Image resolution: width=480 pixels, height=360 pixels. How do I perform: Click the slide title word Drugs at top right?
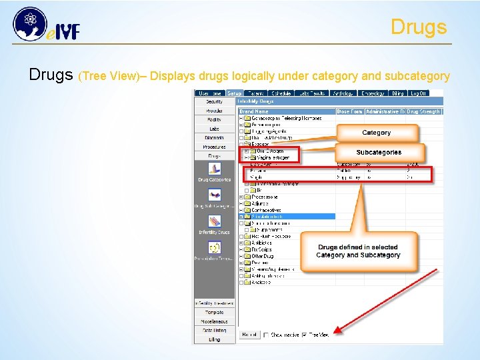[418, 27]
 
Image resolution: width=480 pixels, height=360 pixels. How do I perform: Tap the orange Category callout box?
[376, 133]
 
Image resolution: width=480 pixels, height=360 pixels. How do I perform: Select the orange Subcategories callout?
[378, 153]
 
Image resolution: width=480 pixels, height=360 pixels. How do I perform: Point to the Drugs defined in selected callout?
[358, 251]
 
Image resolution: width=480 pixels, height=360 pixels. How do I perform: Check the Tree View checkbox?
[305, 335]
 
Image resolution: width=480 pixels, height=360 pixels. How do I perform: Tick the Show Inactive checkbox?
[267, 335]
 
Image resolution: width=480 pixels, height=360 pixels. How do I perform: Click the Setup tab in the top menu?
[234, 93]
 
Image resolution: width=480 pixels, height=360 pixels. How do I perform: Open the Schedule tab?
[280, 93]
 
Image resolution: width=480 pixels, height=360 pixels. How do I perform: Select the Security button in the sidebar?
[214, 102]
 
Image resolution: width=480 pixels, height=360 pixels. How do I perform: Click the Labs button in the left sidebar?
[214, 129]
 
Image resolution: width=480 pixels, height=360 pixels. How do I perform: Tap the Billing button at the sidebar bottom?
[214, 339]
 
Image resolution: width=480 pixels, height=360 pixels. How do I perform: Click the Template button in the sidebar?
[214, 312]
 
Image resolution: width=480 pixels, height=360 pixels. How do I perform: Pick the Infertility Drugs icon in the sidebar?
[214, 223]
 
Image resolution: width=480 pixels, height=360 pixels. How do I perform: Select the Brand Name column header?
[253, 111]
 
